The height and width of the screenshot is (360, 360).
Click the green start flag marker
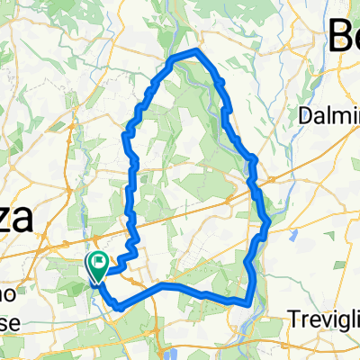(96, 266)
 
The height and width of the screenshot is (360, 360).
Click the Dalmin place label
(328, 115)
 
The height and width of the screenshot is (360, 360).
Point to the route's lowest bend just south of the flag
(118, 306)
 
